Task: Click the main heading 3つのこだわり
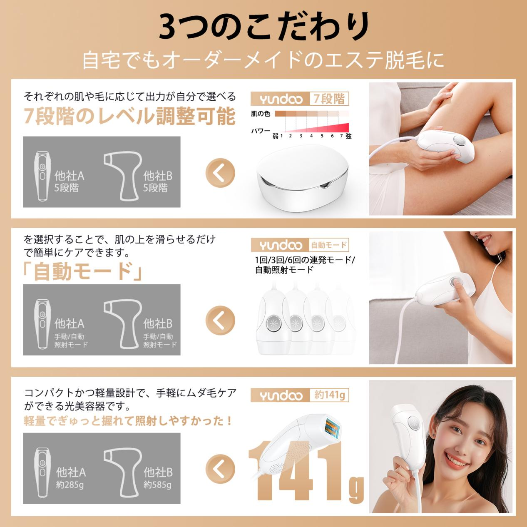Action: tap(263, 27)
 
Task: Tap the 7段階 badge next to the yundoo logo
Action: tap(329, 99)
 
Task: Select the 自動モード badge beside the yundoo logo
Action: tap(329, 245)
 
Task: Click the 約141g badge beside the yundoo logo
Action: tap(329, 395)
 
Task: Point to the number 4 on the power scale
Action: tap(311, 136)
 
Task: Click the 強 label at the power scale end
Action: tap(348, 136)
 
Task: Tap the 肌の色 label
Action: tap(260, 114)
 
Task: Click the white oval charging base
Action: tap(303, 178)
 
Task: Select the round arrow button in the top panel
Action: tap(220, 173)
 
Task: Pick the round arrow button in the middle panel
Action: tap(220, 320)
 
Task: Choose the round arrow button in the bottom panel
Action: tap(220, 469)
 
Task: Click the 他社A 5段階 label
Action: tap(69, 181)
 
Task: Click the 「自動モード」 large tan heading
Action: tap(82, 271)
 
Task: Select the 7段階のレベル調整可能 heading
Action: tap(129, 116)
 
